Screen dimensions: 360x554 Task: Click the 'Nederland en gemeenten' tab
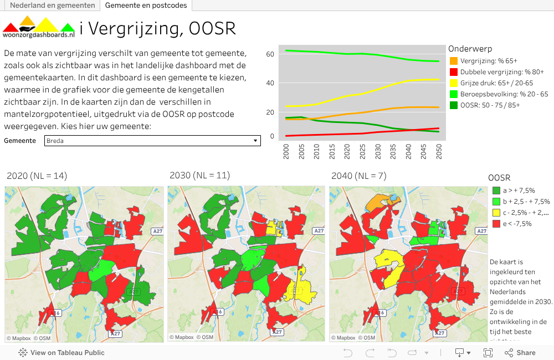tap(52, 6)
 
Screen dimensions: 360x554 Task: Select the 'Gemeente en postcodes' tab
tap(146, 6)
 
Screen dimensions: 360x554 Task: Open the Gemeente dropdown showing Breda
tap(152, 141)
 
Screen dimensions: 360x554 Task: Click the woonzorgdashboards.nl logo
tap(39, 29)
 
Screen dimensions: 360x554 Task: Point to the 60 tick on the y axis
tap(270, 54)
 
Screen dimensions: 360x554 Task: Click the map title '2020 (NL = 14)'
tap(37, 176)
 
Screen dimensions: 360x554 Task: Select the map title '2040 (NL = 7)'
tap(359, 176)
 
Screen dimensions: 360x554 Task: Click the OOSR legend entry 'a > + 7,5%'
tap(519, 191)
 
